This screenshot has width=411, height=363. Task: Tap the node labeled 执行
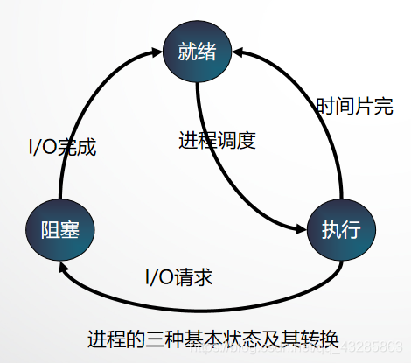[x=341, y=230]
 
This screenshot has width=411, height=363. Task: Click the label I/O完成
[x=63, y=146]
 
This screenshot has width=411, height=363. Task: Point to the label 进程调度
[x=216, y=140]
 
